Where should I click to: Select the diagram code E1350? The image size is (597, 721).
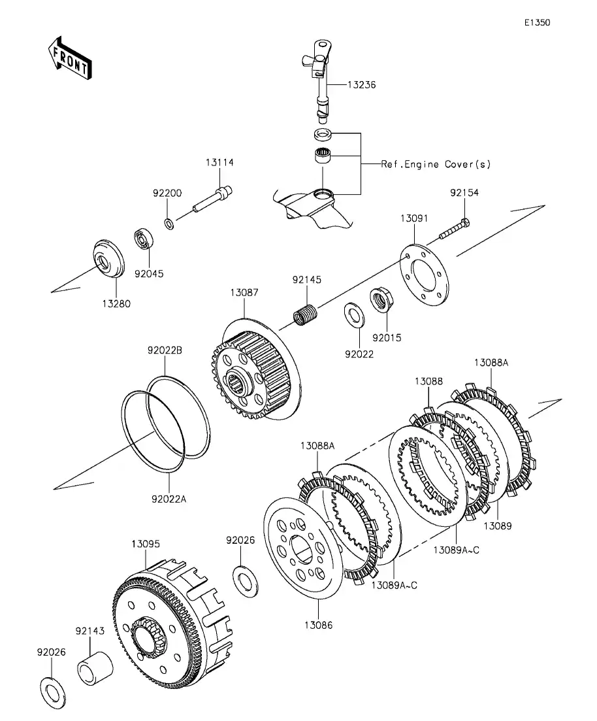click(537, 22)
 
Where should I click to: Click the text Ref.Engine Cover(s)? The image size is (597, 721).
click(436, 164)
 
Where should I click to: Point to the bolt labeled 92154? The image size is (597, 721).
click(453, 230)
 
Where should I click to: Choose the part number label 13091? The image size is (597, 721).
click(414, 218)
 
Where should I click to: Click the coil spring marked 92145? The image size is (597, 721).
click(304, 314)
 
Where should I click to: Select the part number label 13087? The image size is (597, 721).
click(243, 293)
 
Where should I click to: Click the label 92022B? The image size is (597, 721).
click(164, 350)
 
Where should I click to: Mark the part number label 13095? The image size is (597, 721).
click(146, 543)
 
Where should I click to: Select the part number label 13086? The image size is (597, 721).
click(318, 625)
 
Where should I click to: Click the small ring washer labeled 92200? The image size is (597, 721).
click(169, 224)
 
